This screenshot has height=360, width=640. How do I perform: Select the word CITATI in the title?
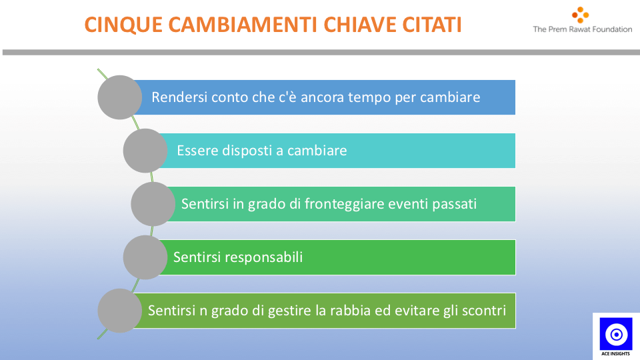432,25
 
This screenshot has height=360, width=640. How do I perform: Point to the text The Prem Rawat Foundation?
583,29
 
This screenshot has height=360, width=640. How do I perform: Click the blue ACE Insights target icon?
616,334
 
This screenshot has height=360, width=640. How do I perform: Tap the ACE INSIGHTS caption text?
615,353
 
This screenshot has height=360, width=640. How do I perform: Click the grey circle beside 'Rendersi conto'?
119,97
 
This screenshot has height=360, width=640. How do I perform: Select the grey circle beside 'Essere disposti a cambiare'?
145,151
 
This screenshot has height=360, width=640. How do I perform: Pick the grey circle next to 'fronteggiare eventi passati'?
153,204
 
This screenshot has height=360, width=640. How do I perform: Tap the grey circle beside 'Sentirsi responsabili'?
145,257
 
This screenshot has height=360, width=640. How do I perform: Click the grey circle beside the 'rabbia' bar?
119,311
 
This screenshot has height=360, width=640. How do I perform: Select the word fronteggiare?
345,204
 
